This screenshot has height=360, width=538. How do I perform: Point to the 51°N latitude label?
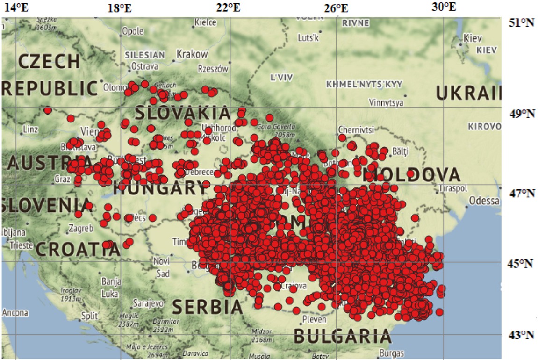tap(522, 22)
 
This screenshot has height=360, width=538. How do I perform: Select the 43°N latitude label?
tap(522, 335)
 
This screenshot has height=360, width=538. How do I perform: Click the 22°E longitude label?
tap(229, 7)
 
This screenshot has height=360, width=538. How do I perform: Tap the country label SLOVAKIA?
tap(183, 113)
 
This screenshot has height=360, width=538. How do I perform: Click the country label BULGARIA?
tap(342, 336)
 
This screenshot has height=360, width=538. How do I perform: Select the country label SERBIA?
tap(208, 307)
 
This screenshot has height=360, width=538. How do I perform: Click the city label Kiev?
tap(472, 38)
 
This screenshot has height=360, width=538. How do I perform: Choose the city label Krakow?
tap(192, 54)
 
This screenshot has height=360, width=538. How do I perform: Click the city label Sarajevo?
tap(148, 303)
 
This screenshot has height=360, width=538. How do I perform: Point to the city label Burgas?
tap(392, 353)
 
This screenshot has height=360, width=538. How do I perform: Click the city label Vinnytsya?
tap(386, 102)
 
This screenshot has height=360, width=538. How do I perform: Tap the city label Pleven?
tap(315, 320)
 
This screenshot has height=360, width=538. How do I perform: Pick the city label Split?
tap(89, 316)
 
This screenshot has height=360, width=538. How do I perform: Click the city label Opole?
tap(133, 31)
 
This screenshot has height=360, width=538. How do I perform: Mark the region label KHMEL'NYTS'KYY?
tap(364, 84)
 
